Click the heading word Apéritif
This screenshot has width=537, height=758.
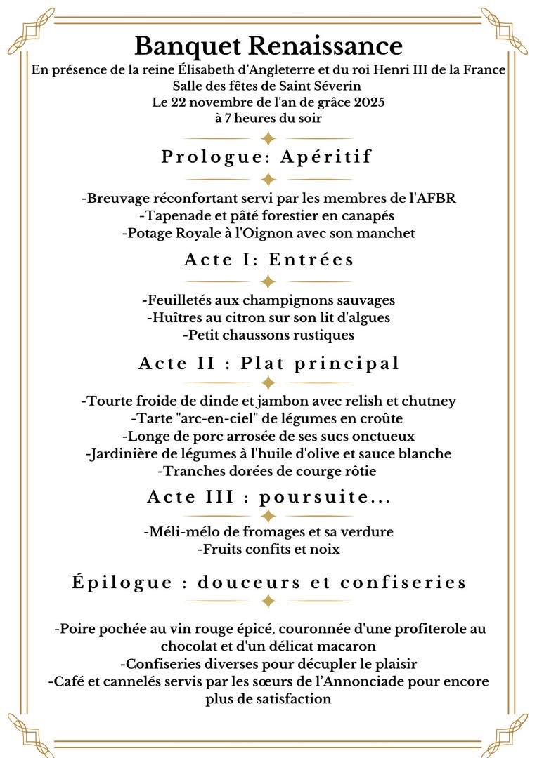point(325,157)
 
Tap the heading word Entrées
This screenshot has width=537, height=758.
point(314,260)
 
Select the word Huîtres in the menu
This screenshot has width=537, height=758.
point(174,317)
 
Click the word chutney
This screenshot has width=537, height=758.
point(429,401)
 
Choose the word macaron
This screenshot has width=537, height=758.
point(348,646)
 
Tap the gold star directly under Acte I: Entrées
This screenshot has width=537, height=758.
point(268,281)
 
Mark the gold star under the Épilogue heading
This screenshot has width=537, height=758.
point(268,601)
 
